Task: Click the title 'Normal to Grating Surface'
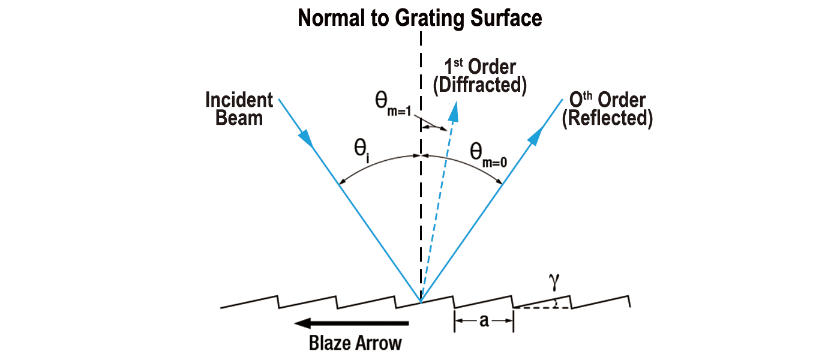419,19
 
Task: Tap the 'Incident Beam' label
239,109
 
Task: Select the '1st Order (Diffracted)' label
480,76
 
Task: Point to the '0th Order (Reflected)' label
607,109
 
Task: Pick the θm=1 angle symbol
394,105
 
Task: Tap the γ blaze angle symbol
554,281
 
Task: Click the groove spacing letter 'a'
484,320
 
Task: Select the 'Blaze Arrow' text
355,343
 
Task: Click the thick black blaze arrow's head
303,323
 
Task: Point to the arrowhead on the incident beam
307,139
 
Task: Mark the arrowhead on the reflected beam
536,135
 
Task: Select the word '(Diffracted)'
480,85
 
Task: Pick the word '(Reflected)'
607,119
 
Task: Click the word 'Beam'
239,118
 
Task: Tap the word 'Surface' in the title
506,17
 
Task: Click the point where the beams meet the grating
421,302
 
